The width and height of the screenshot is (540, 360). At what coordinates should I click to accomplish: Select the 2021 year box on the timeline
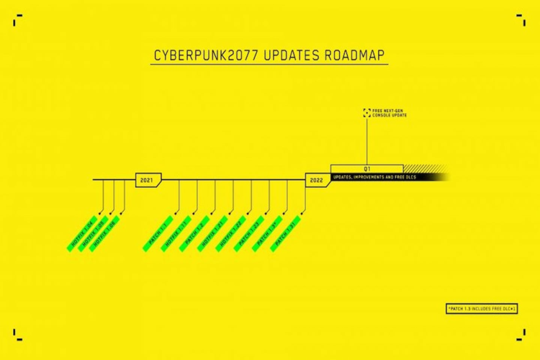pos(148,180)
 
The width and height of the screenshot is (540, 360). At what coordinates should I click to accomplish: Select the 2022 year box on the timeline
pos(316,180)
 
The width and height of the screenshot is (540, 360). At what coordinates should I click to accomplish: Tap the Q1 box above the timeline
pos(366,168)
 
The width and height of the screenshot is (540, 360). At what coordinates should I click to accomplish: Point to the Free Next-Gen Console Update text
pos(390,113)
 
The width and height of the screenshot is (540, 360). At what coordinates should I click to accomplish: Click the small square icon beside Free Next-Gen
pos(366,113)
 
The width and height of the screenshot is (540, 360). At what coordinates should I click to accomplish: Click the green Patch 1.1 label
pos(158,233)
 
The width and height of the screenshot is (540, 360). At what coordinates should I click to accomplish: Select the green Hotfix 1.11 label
pos(176,233)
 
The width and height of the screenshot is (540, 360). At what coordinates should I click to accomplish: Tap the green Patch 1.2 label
pos(194,233)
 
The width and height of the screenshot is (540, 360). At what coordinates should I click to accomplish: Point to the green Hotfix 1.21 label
pos(213,233)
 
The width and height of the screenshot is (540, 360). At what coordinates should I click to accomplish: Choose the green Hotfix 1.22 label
pos(231,233)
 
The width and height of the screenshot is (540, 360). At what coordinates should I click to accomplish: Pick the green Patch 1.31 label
pos(285,233)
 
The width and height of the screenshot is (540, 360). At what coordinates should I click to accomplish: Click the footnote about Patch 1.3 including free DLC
pos(482,308)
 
